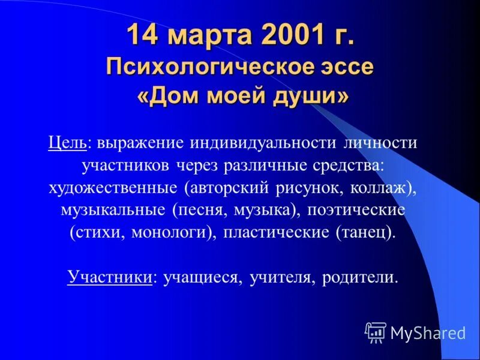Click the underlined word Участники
tap(109, 278)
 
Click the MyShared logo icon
tap(376, 332)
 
